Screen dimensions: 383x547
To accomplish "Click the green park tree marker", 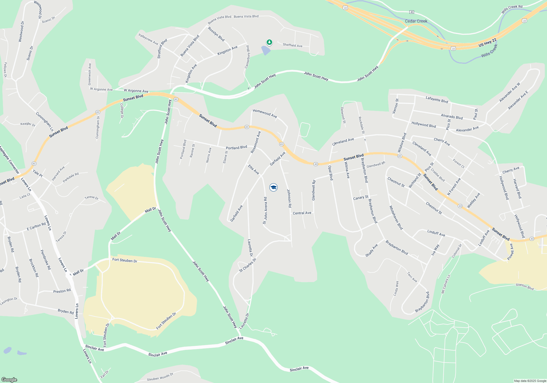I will click(269, 42).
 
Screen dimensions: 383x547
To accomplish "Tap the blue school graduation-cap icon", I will click(273, 187).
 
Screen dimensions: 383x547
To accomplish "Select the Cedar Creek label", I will click(416, 21).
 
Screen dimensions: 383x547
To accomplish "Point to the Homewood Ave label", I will click(265, 113).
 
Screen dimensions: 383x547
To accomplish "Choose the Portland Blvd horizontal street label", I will click(236, 148).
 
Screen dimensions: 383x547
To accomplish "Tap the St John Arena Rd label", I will click(265, 210).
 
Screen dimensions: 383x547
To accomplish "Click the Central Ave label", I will click(302, 213).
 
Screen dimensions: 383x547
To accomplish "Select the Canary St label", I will click(361, 198).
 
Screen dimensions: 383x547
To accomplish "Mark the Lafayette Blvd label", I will click(437, 100).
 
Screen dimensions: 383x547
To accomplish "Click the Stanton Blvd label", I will click(525, 286).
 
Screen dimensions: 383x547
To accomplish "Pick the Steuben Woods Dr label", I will click(160, 377).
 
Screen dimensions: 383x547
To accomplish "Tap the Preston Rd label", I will click(62, 291).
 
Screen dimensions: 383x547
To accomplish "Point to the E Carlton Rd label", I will click(36, 227).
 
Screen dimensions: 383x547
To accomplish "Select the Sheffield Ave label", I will click(292, 45).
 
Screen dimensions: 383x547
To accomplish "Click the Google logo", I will click(9, 379).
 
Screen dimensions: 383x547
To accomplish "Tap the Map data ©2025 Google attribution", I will click(530, 381).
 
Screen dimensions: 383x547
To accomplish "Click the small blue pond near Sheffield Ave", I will click(266, 50).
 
